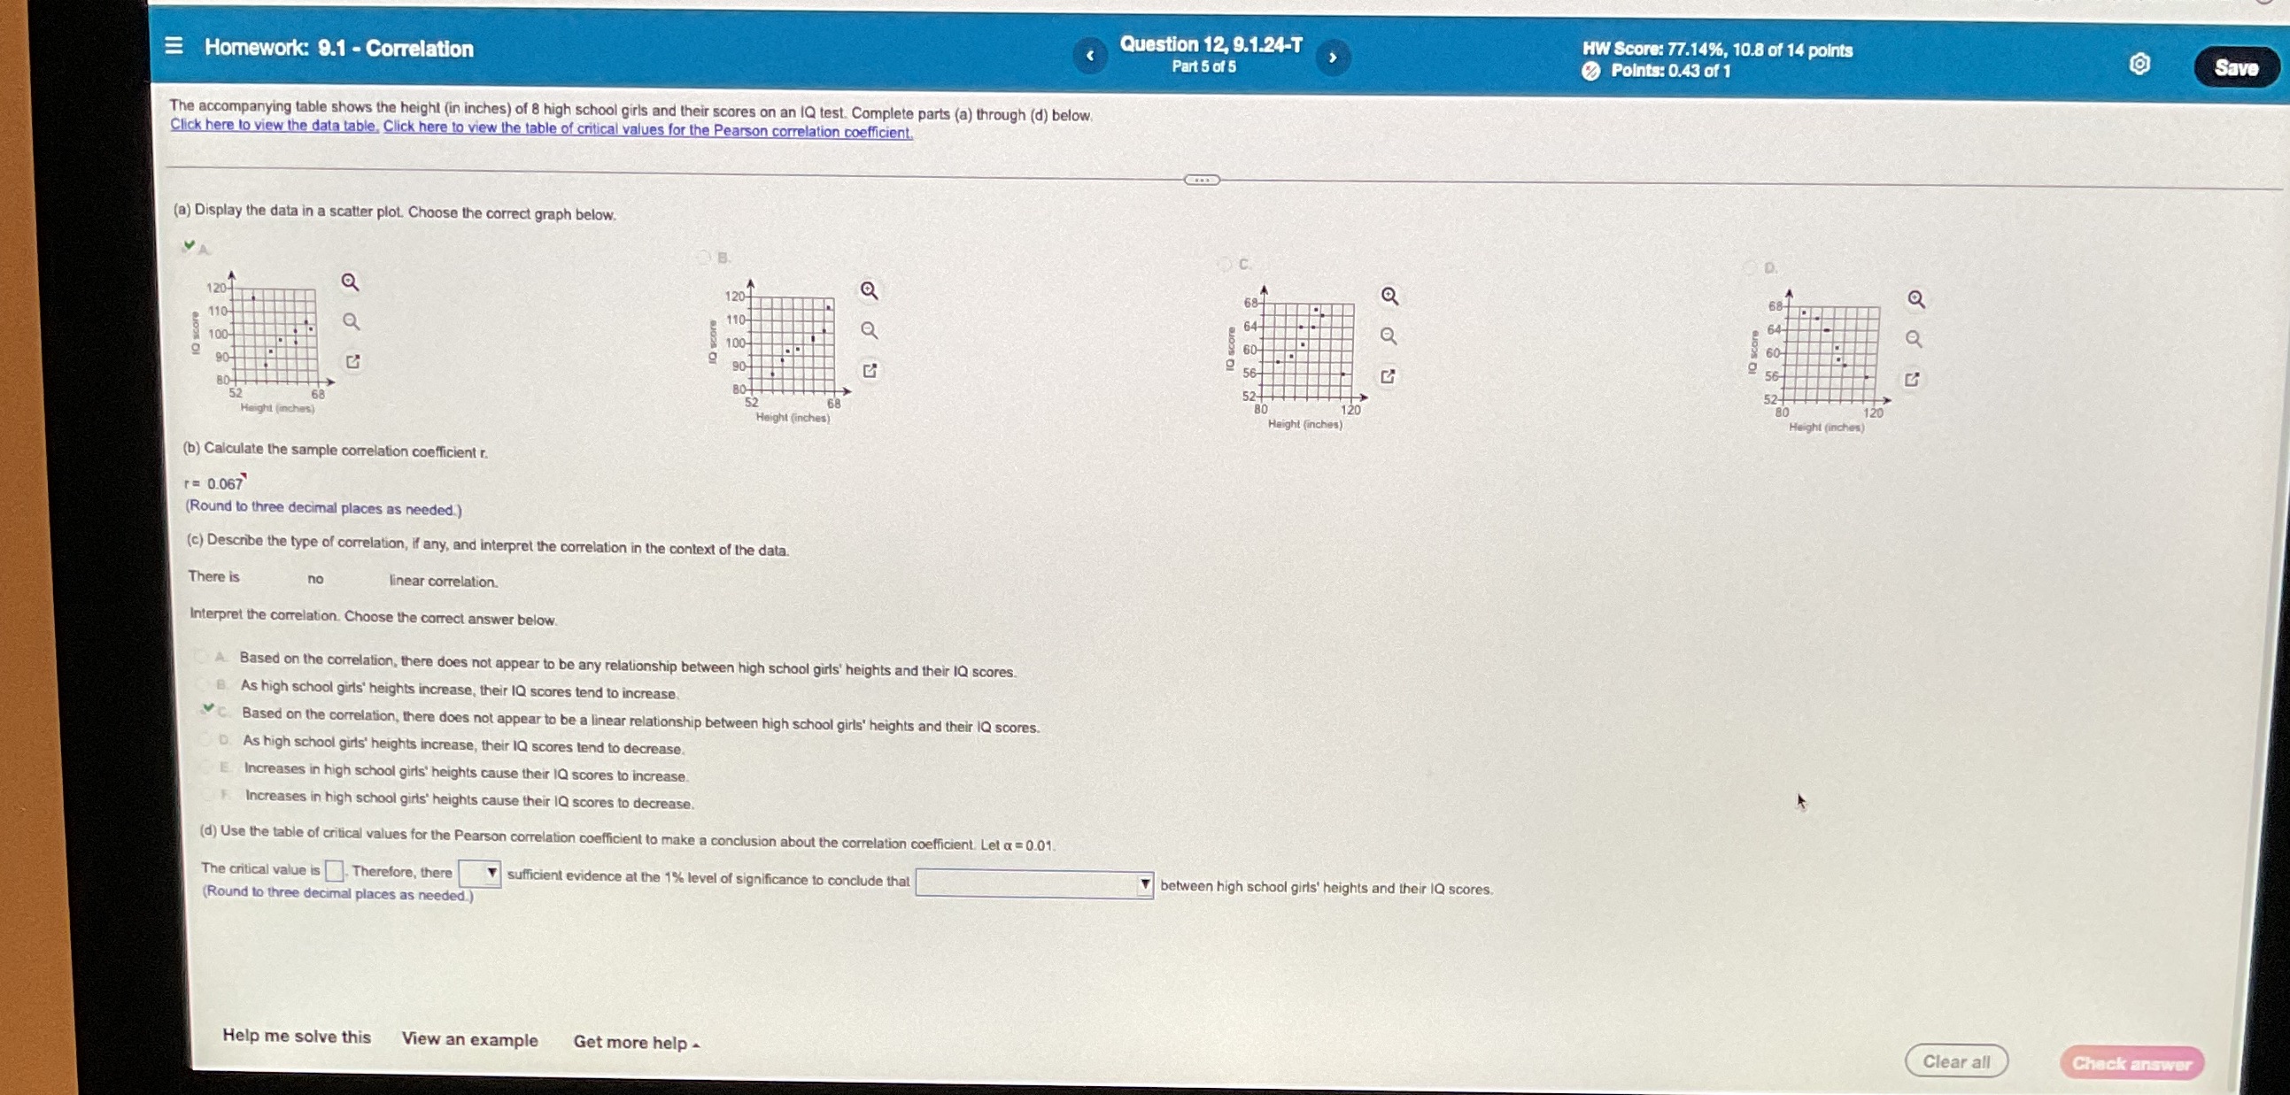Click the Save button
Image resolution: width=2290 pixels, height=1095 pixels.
pos(2235,68)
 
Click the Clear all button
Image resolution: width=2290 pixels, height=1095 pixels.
pos(1955,1061)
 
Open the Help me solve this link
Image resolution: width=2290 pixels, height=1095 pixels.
pos(296,1036)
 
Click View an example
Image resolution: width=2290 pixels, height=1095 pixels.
pos(469,1039)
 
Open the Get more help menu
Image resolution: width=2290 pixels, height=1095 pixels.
pos(636,1043)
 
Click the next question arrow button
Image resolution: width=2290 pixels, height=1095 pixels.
pos(1332,58)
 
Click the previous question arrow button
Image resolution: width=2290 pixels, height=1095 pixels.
pos(1090,56)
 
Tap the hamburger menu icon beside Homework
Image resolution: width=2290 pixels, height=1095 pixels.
pos(174,45)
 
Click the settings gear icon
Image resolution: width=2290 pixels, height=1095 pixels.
pos(2139,64)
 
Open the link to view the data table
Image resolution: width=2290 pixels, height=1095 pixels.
pos(274,126)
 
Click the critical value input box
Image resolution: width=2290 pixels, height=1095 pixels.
pos(334,870)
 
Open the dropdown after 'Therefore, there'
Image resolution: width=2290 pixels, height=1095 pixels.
pos(479,873)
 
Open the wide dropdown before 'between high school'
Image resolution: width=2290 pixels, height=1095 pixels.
pos(1034,883)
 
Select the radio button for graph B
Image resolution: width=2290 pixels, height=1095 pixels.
pos(704,257)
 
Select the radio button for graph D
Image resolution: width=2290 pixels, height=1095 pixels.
pos(1750,267)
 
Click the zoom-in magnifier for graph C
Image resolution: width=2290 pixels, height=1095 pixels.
pos(1389,296)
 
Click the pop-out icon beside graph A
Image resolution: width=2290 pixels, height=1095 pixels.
pos(353,362)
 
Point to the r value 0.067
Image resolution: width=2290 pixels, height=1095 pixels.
pos(225,483)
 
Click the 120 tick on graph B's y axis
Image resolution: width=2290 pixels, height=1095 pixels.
pos(735,296)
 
